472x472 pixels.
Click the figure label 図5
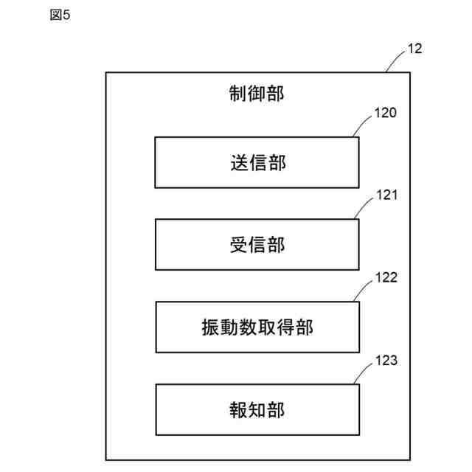[60, 16]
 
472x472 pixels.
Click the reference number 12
[414, 49]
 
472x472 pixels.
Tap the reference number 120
[385, 114]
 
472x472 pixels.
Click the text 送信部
[257, 163]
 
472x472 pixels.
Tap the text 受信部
[257, 245]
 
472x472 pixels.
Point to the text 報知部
[257, 410]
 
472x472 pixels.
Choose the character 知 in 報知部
[257, 410]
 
